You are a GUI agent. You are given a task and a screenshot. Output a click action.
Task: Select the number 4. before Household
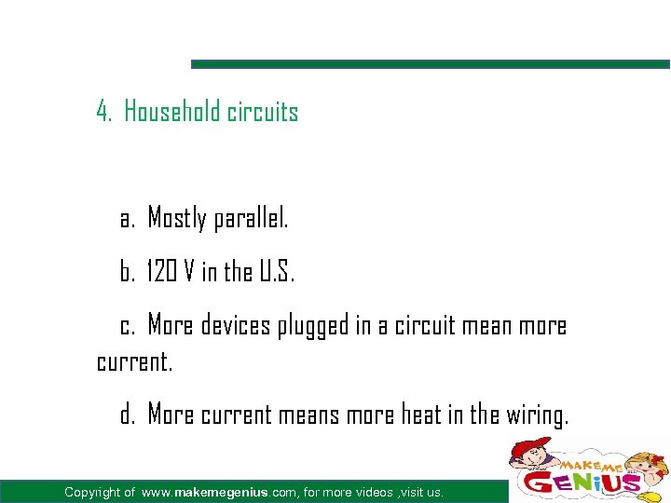coord(104,113)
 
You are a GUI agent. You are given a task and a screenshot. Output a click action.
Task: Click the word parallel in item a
coord(251,220)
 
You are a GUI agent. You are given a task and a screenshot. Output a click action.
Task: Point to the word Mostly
coord(177,220)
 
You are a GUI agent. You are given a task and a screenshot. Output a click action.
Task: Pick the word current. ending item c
coord(135,361)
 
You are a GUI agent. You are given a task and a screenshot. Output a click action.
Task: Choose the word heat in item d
coord(421,415)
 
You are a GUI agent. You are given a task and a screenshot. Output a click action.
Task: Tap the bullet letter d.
coord(128,415)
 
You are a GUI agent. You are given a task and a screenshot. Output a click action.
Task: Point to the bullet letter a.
coord(128,221)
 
